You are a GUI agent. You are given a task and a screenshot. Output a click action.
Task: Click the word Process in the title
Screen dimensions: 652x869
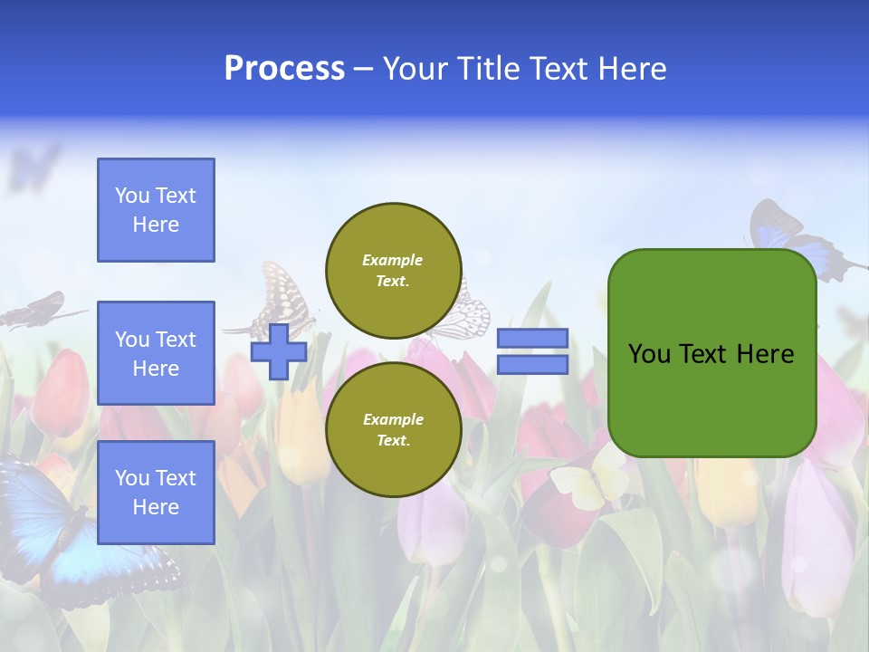(x=284, y=69)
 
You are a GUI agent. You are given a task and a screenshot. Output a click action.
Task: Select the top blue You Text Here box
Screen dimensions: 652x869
(x=156, y=210)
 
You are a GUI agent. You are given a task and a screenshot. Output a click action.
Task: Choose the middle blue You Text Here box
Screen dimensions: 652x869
(x=156, y=353)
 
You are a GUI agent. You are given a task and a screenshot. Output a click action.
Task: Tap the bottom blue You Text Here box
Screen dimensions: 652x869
(x=156, y=492)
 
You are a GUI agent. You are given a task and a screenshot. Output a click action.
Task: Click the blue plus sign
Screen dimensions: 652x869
(x=279, y=351)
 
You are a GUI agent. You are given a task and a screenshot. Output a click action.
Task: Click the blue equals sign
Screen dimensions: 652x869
(x=532, y=351)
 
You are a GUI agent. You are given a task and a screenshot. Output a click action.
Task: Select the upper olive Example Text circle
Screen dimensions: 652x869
(x=393, y=270)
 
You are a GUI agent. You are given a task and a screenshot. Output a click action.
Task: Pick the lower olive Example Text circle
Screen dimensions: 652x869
(x=393, y=429)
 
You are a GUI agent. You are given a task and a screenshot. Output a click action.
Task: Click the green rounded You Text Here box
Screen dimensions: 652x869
(x=711, y=353)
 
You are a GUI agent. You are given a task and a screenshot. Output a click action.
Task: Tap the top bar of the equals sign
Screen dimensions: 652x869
(x=532, y=339)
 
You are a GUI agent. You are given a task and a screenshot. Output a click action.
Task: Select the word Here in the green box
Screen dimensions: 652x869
(x=765, y=353)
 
